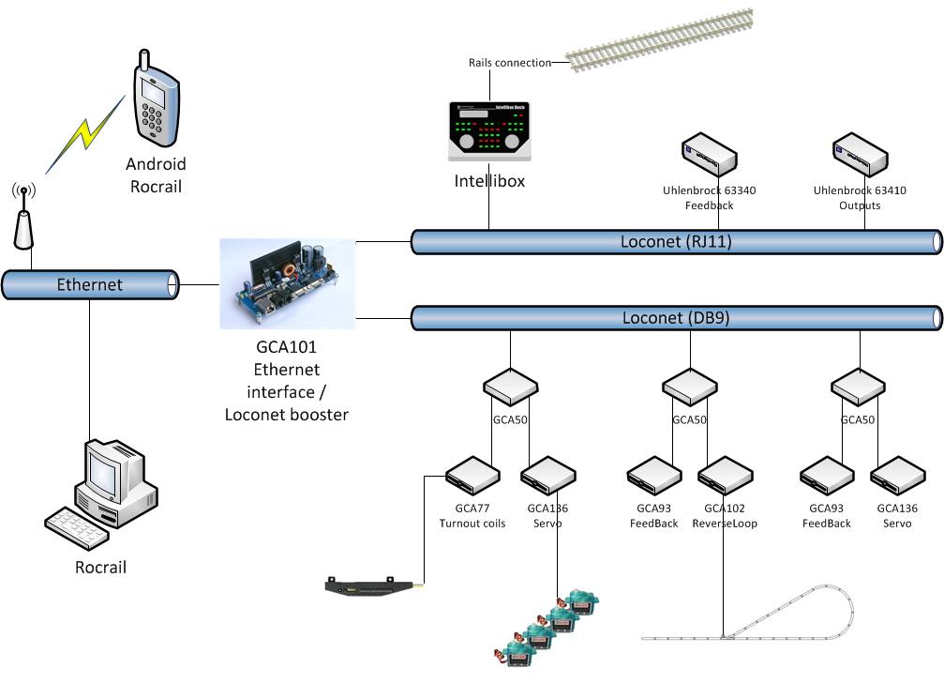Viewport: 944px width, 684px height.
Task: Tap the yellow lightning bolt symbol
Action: [85, 134]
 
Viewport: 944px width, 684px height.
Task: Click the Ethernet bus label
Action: [89, 284]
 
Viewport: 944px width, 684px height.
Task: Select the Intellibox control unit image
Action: [487, 131]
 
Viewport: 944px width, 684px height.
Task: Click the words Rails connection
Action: [510, 63]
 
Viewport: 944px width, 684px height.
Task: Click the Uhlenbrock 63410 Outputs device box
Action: [860, 155]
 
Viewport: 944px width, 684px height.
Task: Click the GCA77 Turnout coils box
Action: [472, 474]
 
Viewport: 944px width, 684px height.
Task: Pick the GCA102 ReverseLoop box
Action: [723, 475]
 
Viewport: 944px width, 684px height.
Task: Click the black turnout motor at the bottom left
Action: [371, 587]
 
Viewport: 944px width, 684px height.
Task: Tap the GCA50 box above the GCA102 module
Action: [689, 387]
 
